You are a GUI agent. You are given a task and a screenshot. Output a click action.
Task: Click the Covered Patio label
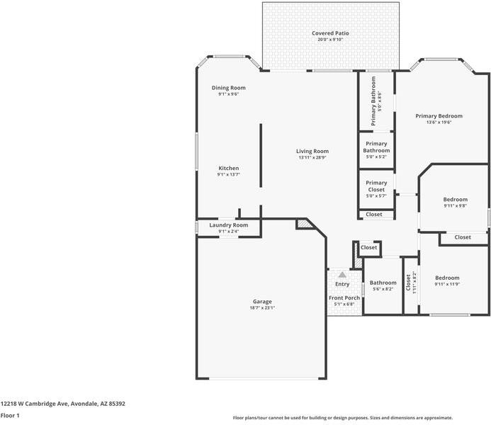point(330,33)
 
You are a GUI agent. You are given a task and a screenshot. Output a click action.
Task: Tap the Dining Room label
point(229,88)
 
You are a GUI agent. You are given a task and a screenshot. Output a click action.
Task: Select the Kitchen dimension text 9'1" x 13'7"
point(229,174)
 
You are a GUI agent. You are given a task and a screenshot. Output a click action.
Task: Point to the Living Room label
point(312,151)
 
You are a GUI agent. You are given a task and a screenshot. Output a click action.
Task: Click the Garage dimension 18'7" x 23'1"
point(262,307)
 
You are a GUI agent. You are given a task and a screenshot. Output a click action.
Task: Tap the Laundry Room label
point(229,225)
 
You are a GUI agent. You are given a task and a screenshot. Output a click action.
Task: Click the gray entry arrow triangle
point(342,274)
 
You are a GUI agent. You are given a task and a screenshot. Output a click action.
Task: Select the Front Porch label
point(344,298)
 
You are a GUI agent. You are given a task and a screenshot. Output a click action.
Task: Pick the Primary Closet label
point(376,186)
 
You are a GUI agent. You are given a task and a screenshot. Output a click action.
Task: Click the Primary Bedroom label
point(439,116)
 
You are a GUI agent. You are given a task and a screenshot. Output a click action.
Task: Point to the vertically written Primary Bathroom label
point(373,101)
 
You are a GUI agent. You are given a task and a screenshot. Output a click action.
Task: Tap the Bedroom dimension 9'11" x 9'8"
point(456,205)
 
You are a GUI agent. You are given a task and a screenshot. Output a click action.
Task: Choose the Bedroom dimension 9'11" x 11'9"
point(447,284)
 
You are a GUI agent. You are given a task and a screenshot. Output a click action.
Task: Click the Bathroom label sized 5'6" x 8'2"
point(383,283)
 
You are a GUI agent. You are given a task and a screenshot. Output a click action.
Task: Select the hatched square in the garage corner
point(303,223)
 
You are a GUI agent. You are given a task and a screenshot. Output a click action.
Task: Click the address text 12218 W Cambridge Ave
point(34,404)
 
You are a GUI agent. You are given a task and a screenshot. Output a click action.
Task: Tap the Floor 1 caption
point(10,416)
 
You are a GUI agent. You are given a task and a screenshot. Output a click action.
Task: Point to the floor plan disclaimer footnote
point(343,418)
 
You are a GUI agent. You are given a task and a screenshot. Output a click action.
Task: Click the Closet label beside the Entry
point(369,247)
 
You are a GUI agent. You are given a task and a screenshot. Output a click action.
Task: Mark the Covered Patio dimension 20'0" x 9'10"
point(330,40)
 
